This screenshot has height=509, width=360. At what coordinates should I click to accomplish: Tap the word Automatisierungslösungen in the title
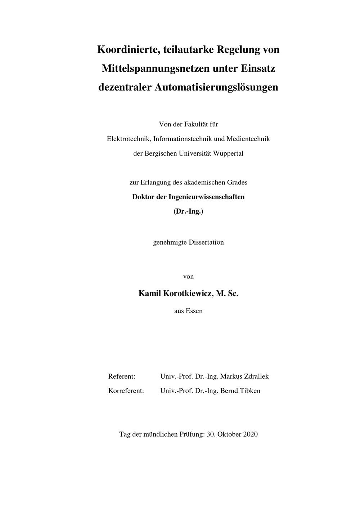pyautogui.click(x=216, y=87)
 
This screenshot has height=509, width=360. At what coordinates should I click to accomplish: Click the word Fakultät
pyautogui.click(x=196, y=124)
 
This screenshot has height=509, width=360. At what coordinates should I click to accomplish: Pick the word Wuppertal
pyautogui.click(x=228, y=153)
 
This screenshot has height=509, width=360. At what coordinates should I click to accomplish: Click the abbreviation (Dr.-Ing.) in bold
pyautogui.click(x=188, y=211)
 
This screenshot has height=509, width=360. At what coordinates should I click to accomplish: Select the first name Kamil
pyautogui.click(x=150, y=294)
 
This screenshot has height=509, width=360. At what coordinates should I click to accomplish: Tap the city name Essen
pyautogui.click(x=194, y=311)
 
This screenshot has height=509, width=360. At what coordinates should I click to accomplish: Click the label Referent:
pyautogui.click(x=122, y=376)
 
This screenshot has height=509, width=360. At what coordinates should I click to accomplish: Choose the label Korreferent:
pyautogui.click(x=126, y=391)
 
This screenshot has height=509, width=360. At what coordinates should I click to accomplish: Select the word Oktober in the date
pyautogui.click(x=229, y=434)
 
